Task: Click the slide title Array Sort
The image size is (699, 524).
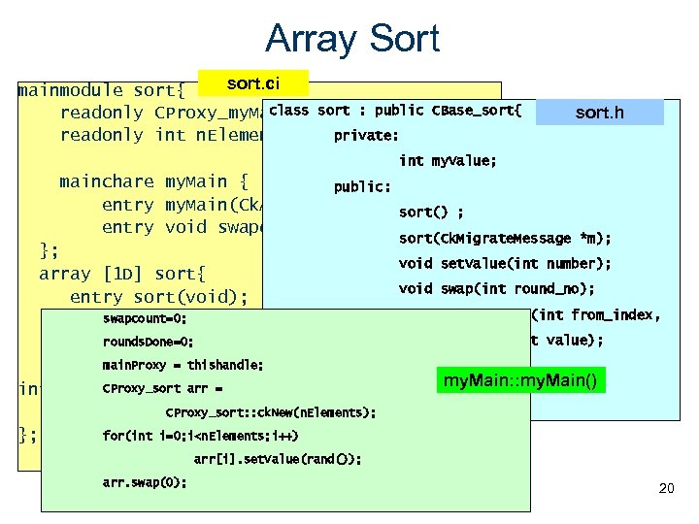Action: point(351,39)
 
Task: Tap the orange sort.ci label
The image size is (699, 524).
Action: point(252,83)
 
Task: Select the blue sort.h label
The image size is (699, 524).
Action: point(599,113)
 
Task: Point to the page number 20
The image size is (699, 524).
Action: point(665,488)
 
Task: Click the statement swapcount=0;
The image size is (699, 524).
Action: point(145,318)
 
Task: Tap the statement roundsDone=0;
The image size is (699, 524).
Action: point(148,342)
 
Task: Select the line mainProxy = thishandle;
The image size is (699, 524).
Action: point(183,366)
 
